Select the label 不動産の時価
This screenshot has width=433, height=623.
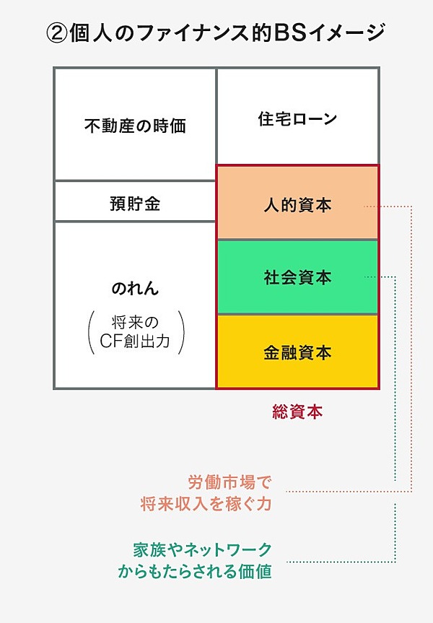pyautogui.click(x=135, y=126)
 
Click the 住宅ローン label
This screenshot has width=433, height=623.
pyautogui.click(x=297, y=118)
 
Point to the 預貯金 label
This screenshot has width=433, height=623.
pyautogui.click(x=135, y=204)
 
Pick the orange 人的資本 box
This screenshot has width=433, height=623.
pyautogui.click(x=297, y=202)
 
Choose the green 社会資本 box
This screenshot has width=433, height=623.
pyautogui.click(x=297, y=277)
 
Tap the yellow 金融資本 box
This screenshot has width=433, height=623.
pyautogui.click(x=297, y=352)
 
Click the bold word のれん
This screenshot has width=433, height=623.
pyautogui.click(x=135, y=288)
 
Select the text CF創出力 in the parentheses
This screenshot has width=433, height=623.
pyautogui.click(x=135, y=341)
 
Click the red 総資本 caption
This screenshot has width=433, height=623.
pyautogui.click(x=297, y=412)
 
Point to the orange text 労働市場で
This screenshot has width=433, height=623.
pyautogui.click(x=229, y=483)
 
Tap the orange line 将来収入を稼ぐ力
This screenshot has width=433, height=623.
pyautogui.click(x=206, y=504)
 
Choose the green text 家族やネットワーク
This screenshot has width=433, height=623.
pyautogui.click(x=203, y=550)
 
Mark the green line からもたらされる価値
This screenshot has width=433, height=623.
pyautogui.click(x=195, y=571)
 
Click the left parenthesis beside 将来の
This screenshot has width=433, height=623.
pyautogui.click(x=91, y=332)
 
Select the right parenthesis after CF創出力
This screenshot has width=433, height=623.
pyautogui.click(x=180, y=332)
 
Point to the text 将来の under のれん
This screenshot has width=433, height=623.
pyautogui.click(x=135, y=322)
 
